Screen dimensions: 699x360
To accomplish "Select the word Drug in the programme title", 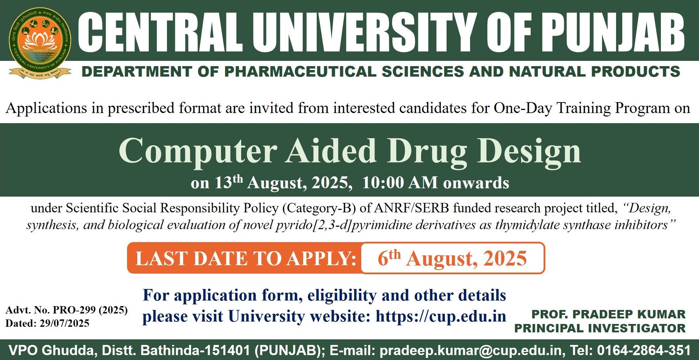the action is [x=427, y=151].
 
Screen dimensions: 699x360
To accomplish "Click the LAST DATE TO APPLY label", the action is [x=246, y=259].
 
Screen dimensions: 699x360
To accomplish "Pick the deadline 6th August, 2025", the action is [x=452, y=258].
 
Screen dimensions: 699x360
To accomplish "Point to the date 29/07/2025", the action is [x=64, y=323].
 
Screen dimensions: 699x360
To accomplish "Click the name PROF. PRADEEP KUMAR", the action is [x=608, y=314].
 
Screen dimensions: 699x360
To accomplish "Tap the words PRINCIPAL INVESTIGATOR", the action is [x=600, y=328].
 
